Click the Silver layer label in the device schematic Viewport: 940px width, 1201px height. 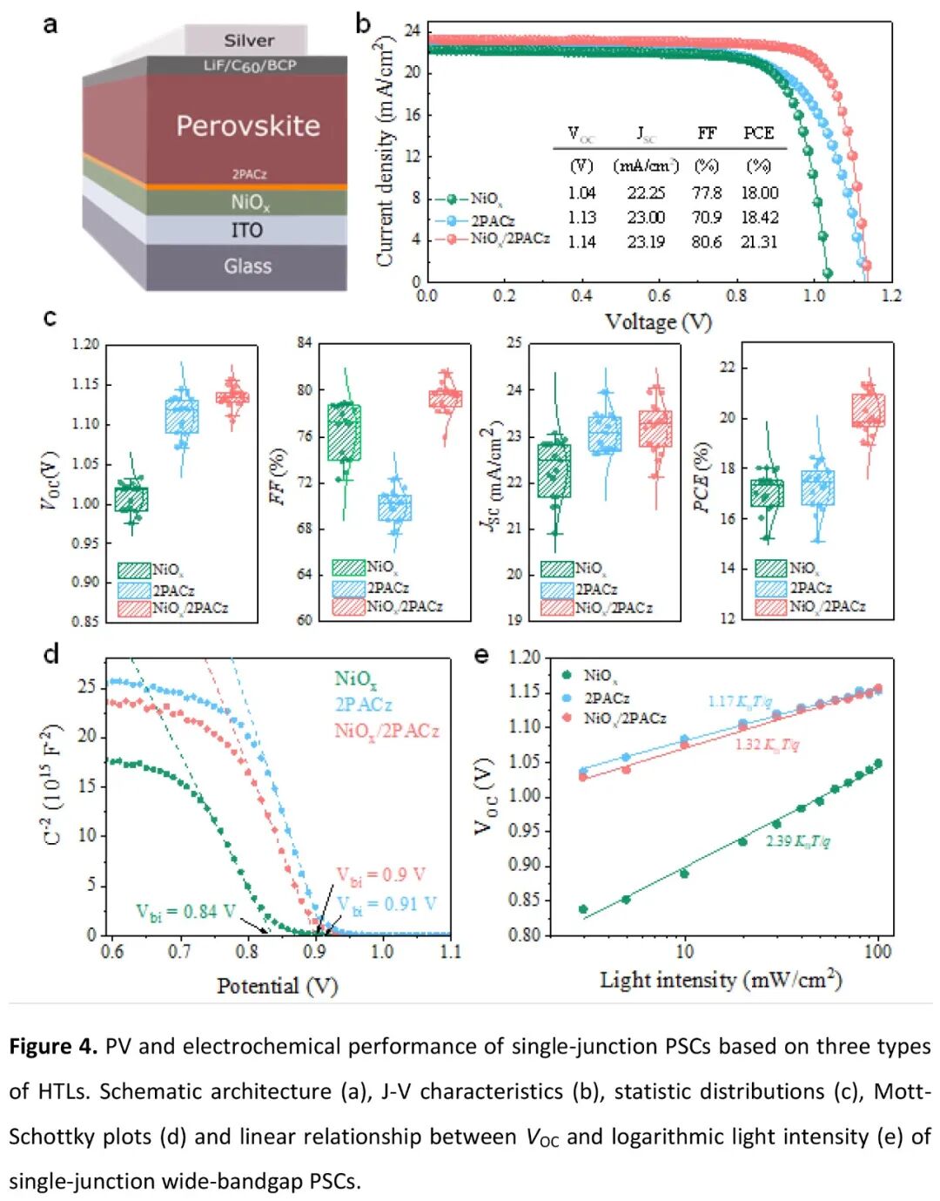(248, 40)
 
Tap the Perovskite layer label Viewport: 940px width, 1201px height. (248, 125)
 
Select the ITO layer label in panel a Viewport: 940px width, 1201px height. (246, 230)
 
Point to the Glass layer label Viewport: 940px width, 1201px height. (247, 266)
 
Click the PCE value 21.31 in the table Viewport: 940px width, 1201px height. (759, 241)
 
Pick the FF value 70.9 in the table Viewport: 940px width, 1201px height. (707, 217)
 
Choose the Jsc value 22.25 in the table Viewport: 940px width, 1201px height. (646, 192)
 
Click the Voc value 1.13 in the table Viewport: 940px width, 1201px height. (581, 217)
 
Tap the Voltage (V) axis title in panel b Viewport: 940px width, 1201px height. (658, 321)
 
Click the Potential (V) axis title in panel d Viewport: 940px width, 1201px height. (277, 985)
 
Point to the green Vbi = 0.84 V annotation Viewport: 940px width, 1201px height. (185, 911)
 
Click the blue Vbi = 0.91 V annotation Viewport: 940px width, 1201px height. (387, 904)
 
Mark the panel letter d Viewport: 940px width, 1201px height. (51, 653)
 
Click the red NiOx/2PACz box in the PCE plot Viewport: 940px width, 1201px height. (868, 410)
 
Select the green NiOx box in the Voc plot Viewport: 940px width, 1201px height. (131, 499)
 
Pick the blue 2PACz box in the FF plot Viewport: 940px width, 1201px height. (394, 507)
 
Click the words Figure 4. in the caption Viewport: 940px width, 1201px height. (52, 1046)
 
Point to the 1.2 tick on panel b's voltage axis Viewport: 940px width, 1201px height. (891, 295)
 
